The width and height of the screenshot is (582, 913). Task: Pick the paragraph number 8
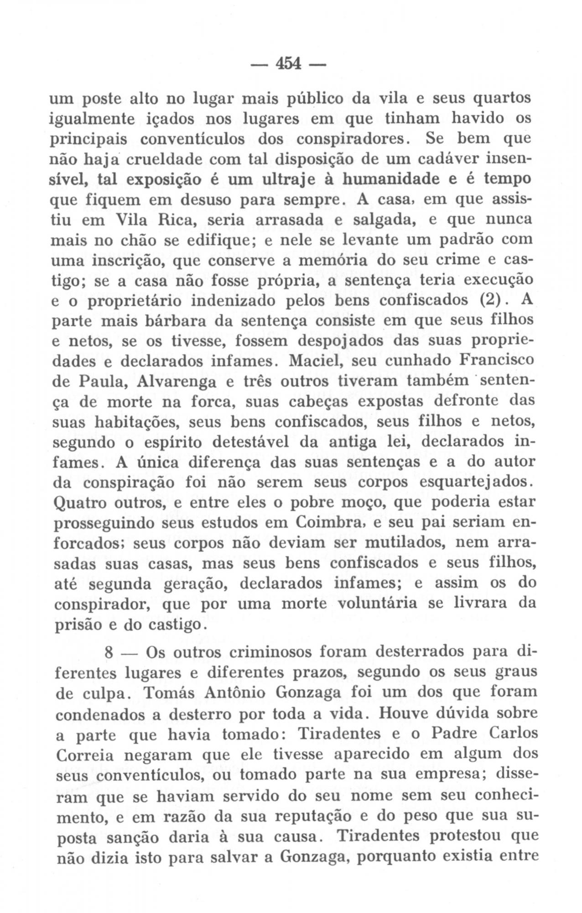pos(109,653)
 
